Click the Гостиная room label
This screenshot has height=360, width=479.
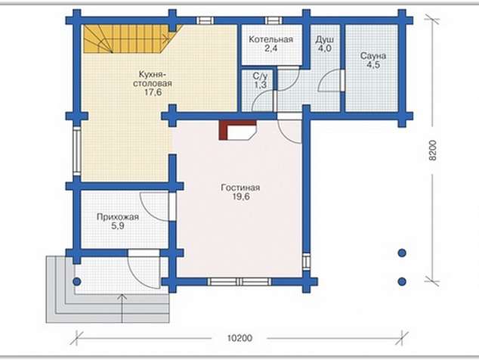click(240, 188)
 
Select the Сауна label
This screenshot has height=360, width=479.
click(373, 56)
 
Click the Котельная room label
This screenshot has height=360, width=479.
click(270, 39)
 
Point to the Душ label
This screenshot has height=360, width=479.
click(324, 40)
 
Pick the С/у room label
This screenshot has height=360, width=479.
click(260, 76)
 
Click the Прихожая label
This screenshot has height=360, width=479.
click(118, 217)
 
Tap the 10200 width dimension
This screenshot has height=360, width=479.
click(239, 338)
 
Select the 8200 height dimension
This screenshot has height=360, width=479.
click(433, 151)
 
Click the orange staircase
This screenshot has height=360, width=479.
click(128, 39)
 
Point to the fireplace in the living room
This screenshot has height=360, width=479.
click(237, 129)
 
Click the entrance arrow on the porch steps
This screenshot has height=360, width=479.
click(122, 308)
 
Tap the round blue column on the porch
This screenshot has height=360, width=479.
click(76, 281)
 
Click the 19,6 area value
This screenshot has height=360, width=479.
click(241, 197)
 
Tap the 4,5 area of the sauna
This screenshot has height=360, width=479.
click(373, 65)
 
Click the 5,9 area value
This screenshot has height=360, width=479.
click(118, 226)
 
